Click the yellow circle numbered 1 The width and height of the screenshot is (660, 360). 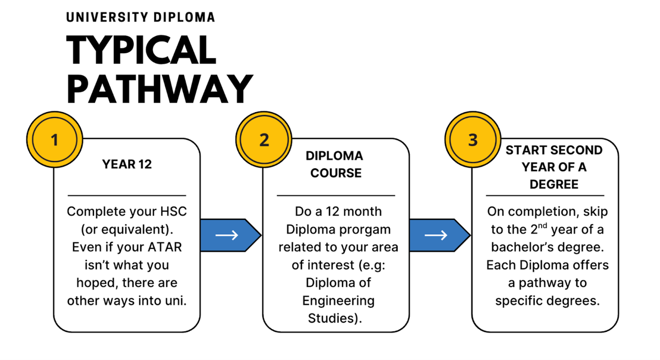(54, 140)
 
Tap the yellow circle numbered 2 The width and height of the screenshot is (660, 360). (264, 140)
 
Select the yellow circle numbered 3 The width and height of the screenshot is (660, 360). (473, 140)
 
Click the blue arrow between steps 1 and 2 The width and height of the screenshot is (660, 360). (229, 235)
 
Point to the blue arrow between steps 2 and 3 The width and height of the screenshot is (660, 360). (439, 235)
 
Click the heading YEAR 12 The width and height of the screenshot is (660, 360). (127, 164)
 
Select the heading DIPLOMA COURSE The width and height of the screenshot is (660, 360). (335, 164)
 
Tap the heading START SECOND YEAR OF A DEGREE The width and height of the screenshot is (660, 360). (554, 167)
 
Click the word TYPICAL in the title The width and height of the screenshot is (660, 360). (141, 51)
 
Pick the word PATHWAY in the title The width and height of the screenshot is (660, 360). (159, 88)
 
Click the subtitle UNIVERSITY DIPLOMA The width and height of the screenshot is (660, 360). (140, 18)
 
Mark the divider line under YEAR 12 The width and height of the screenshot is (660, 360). (127, 195)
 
